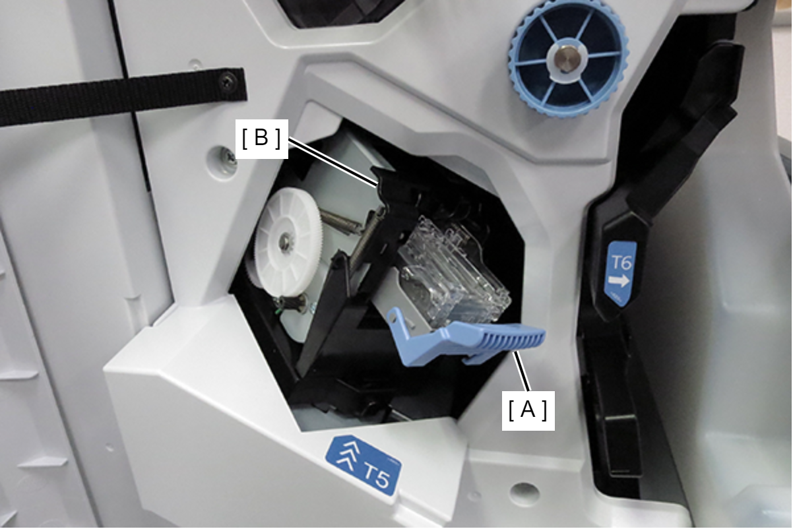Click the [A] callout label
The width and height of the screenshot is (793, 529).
point(528,410)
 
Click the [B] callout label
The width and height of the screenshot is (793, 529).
point(261,139)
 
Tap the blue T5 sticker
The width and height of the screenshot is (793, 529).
point(364,465)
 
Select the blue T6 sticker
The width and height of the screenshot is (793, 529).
point(621,273)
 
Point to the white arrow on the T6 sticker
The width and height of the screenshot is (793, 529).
point(619,281)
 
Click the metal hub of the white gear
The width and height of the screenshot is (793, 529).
point(284,241)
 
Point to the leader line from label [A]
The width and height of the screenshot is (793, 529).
point(523,371)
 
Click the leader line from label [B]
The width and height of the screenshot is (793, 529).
point(332,162)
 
